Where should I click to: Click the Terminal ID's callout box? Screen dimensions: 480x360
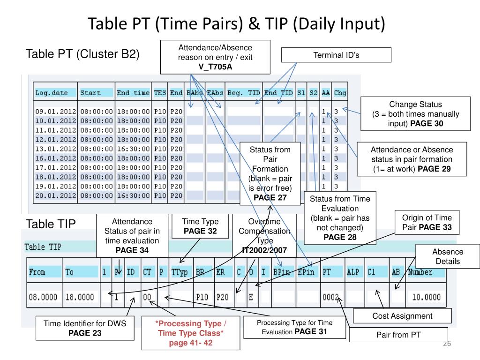tap(336, 55)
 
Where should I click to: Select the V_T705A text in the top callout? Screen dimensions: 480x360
tap(215, 67)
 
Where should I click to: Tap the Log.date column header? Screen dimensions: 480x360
tap(52, 93)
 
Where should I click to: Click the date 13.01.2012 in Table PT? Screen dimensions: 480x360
tap(55, 149)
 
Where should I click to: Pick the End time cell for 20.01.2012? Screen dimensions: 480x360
tap(133, 195)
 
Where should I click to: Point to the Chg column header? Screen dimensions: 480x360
tap(340, 93)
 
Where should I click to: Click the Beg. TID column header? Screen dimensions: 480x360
tap(243, 93)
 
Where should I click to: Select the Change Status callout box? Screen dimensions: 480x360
tap(415, 114)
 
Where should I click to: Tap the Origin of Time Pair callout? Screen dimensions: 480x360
tap(427, 223)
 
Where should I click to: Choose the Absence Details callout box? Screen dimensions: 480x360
tap(447, 256)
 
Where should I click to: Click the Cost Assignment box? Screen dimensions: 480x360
tap(402, 316)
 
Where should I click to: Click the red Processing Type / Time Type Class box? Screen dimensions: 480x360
tap(190, 334)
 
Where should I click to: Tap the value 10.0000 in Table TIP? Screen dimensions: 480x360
tap(426, 296)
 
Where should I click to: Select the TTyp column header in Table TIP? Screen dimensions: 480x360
tap(180, 272)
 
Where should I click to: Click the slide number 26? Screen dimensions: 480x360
tap(446, 345)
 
